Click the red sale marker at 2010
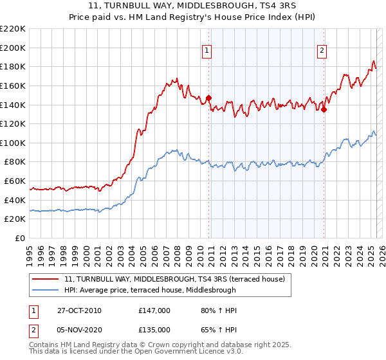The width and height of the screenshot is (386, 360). (x=209, y=98)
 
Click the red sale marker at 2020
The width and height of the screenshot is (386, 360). (x=324, y=109)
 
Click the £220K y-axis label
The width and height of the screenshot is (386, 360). (x=13, y=29)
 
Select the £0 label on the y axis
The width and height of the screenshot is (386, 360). (x=21, y=238)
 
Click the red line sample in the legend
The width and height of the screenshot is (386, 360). (x=45, y=279)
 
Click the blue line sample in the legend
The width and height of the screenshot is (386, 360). (x=45, y=290)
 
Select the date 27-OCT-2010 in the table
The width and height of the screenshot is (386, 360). (x=78, y=310)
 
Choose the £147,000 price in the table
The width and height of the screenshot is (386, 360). (x=154, y=310)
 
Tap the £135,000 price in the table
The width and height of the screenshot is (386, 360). (x=154, y=330)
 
